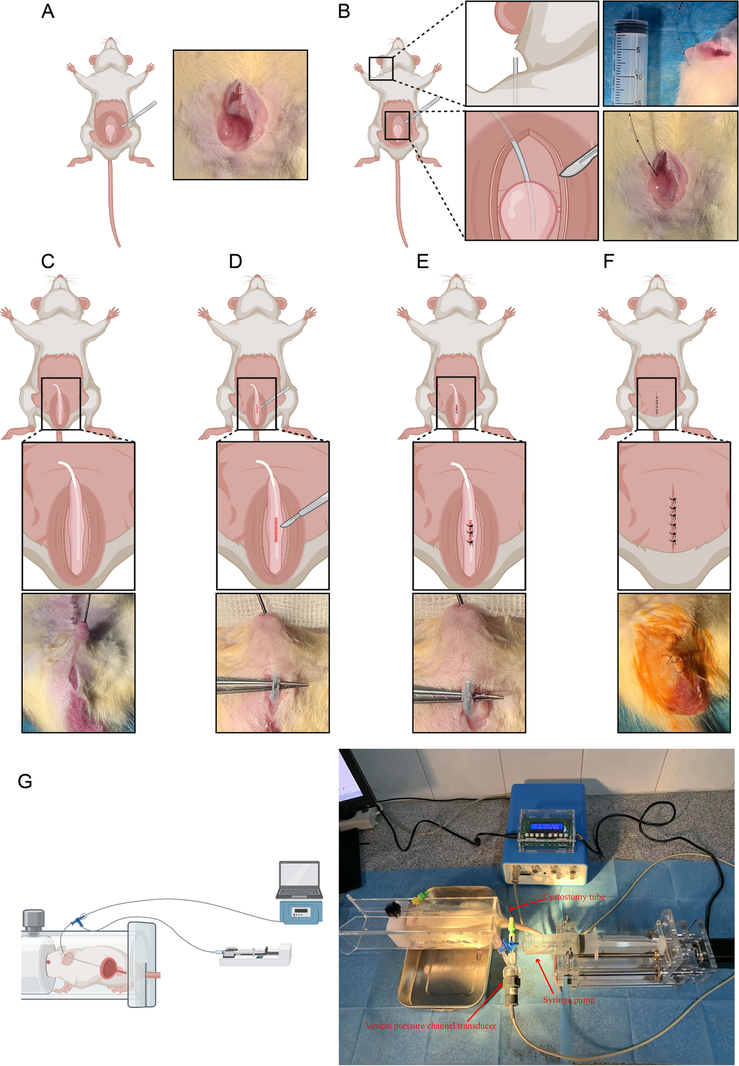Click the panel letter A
48,11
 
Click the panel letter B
344,11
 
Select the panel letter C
48,261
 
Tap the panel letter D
235,261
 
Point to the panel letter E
422,261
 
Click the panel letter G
25,781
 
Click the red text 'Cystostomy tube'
574,897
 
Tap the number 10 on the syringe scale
638,77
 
